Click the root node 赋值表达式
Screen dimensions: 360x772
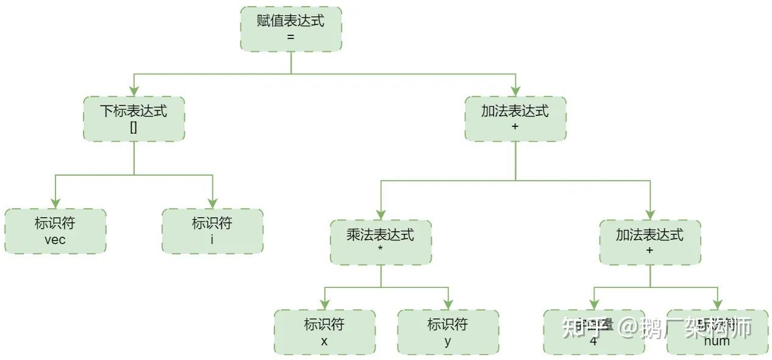(291, 29)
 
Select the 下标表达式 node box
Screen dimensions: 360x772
(134, 118)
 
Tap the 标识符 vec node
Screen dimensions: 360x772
(55, 231)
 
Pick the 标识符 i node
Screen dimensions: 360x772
(212, 231)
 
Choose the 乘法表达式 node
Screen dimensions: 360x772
(381, 242)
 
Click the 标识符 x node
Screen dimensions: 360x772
(324, 332)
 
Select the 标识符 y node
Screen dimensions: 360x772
(448, 332)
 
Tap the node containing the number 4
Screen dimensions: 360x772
(593, 332)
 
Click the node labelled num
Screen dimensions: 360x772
(717, 332)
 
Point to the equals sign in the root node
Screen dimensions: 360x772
(290, 37)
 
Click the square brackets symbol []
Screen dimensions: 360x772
(134, 127)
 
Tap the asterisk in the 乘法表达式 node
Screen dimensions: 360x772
(381, 250)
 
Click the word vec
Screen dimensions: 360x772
(55, 239)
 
